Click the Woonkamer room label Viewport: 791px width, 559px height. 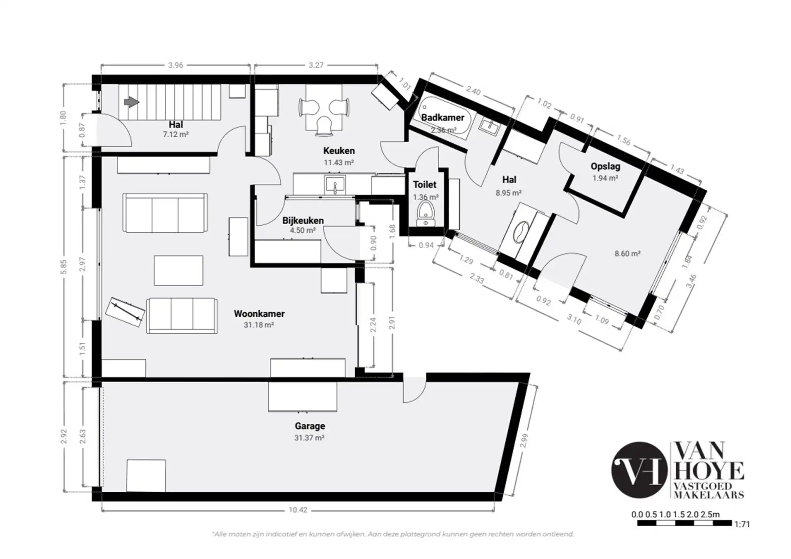coord(259,313)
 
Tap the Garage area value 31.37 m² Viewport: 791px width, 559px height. coord(309,438)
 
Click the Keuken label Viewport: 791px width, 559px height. coord(339,151)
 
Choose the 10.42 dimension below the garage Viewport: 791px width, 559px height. coord(298,510)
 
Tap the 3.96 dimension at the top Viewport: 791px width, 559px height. coord(176,65)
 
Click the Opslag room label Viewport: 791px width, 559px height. coord(605,166)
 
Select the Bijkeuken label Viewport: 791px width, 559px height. coord(303,220)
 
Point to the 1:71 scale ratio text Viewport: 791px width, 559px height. coord(742,524)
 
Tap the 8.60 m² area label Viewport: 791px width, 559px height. coord(627,254)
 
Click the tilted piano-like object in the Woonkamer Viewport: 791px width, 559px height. coord(125,312)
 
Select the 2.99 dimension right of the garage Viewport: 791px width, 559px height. coord(523,441)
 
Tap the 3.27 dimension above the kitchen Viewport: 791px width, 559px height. coord(316,65)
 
